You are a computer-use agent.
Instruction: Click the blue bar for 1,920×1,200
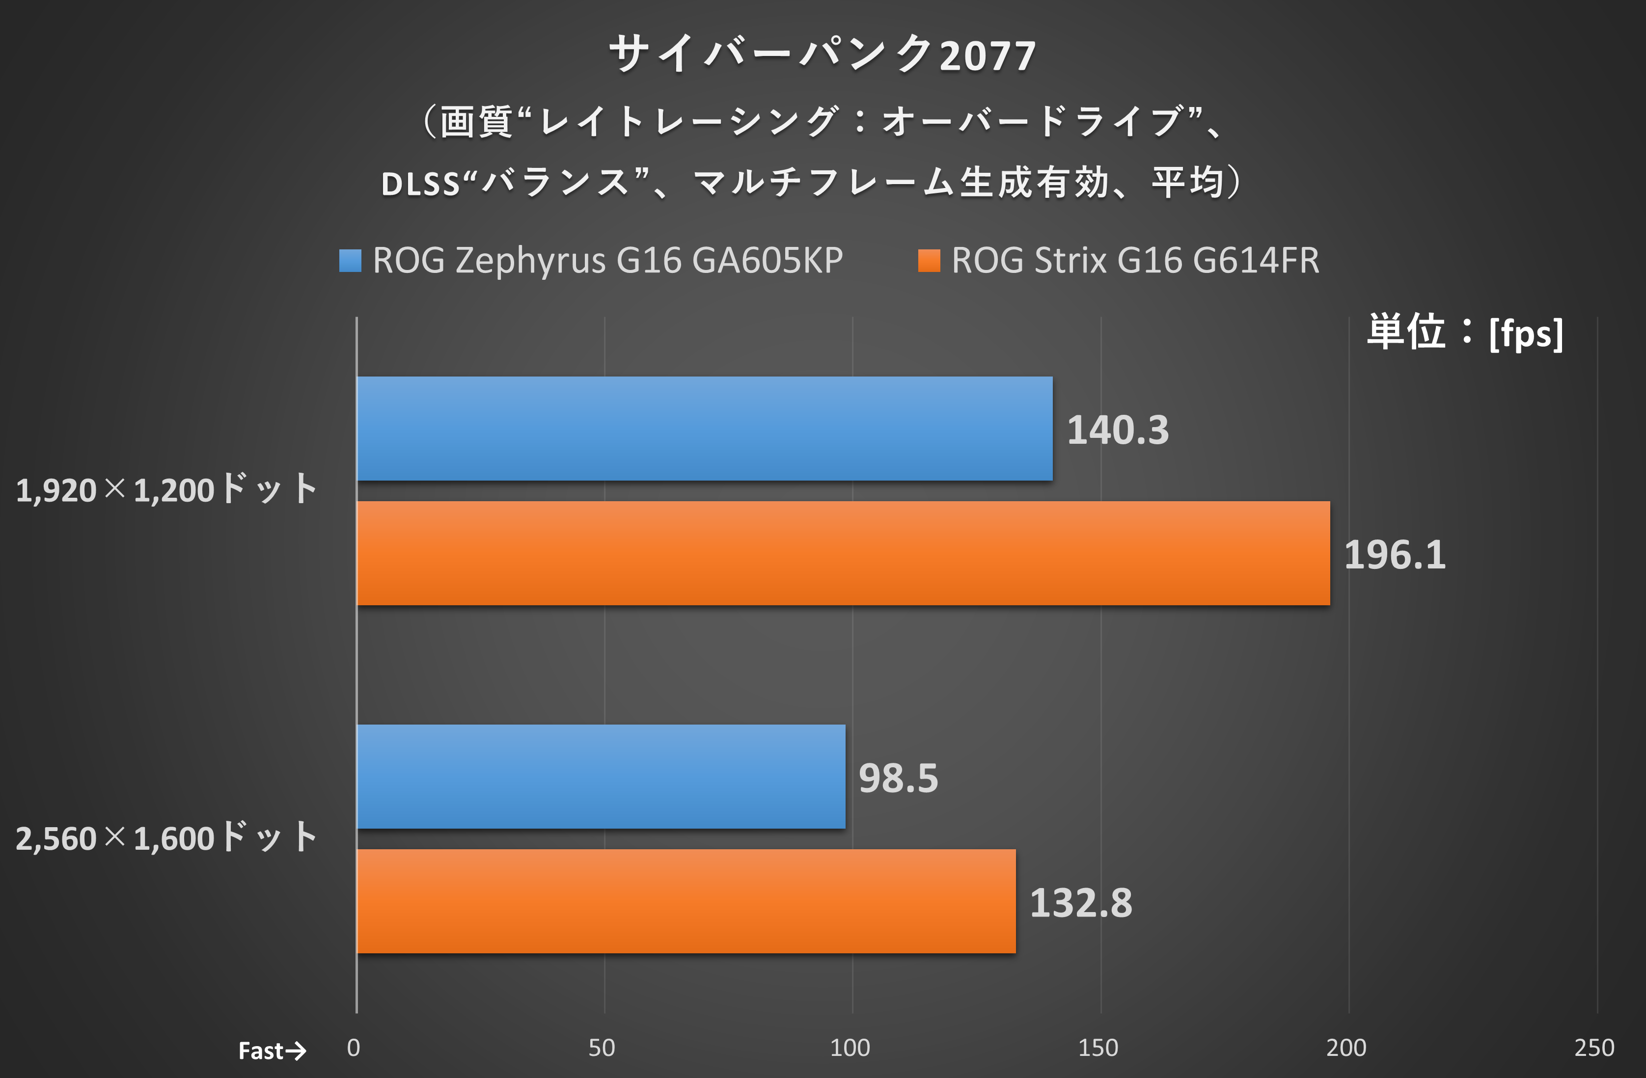[704, 429]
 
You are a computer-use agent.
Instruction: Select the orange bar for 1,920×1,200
[842, 553]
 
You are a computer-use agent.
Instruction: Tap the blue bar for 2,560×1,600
[600, 777]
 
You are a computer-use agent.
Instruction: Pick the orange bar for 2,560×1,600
[686, 901]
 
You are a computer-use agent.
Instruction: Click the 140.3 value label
[1118, 430]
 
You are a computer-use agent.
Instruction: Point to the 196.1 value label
[1394, 555]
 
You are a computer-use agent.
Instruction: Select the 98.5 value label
[898, 778]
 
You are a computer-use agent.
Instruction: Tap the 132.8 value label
[1080, 902]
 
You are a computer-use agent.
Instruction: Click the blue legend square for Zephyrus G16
[350, 261]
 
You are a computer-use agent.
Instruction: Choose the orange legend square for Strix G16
[929, 261]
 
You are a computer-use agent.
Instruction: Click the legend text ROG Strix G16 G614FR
[1135, 261]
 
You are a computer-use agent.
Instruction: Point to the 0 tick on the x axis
[354, 1048]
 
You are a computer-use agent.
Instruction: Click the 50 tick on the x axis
[602, 1048]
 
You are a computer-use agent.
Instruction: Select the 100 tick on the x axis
[850, 1048]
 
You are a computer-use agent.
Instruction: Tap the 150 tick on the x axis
[1098, 1048]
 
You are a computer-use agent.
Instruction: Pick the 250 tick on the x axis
[1594, 1048]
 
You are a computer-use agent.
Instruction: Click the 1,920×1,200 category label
[166, 489]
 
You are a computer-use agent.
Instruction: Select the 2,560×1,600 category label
[166, 837]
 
